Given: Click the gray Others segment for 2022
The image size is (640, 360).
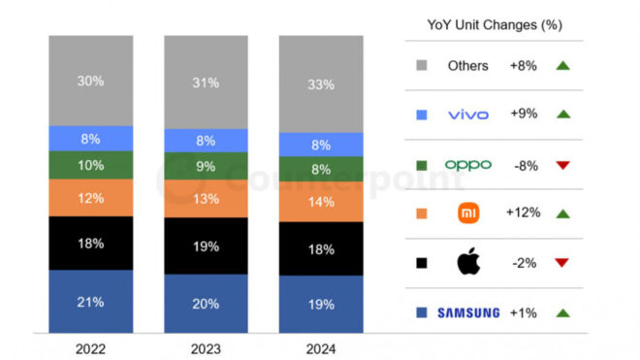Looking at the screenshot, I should tap(90, 81).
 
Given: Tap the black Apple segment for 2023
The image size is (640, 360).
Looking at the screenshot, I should tap(205, 246).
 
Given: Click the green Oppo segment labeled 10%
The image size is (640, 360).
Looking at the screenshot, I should tap(90, 165).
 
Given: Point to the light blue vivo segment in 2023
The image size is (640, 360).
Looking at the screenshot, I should tap(205, 140).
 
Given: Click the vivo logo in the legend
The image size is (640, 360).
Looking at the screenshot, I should tap(468, 115).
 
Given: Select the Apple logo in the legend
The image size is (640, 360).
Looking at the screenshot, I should tap(468, 262).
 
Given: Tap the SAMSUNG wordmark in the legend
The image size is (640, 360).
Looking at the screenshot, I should tap(468, 312).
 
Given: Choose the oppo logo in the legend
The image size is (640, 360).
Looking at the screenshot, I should tap(468, 164).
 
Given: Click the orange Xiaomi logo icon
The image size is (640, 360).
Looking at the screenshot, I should tap(468, 213).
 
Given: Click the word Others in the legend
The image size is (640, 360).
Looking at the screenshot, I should tap(468, 65).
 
